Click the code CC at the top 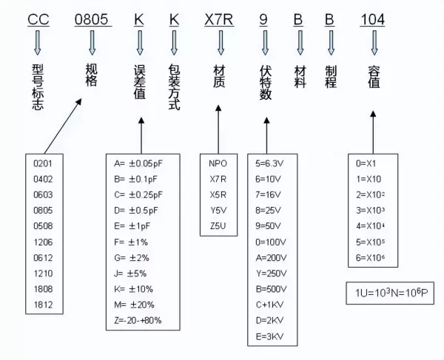pyautogui.click(x=38, y=19)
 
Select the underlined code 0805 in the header pyautogui.click(x=92, y=19)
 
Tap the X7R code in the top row pyautogui.click(x=219, y=19)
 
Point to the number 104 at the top pyautogui.click(x=372, y=19)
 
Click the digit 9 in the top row pyautogui.click(x=263, y=19)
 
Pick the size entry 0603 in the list pyautogui.click(x=43, y=195)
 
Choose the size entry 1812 pyautogui.click(x=43, y=305)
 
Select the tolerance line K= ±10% pyautogui.click(x=134, y=289)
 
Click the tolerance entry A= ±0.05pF pyautogui.click(x=138, y=164)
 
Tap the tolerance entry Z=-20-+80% pyautogui.click(x=138, y=320)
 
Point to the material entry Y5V pyautogui.click(x=218, y=211)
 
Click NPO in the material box pyautogui.click(x=218, y=163)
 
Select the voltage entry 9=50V pyautogui.click(x=268, y=226)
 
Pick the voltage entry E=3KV pyautogui.click(x=269, y=336)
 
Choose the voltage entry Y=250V pyautogui.click(x=272, y=274)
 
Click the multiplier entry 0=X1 pyautogui.click(x=366, y=163)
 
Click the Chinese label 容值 pyautogui.click(x=374, y=77)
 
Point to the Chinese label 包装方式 pyautogui.click(x=174, y=87)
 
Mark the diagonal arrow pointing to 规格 pyautogui.click(x=63, y=126)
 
